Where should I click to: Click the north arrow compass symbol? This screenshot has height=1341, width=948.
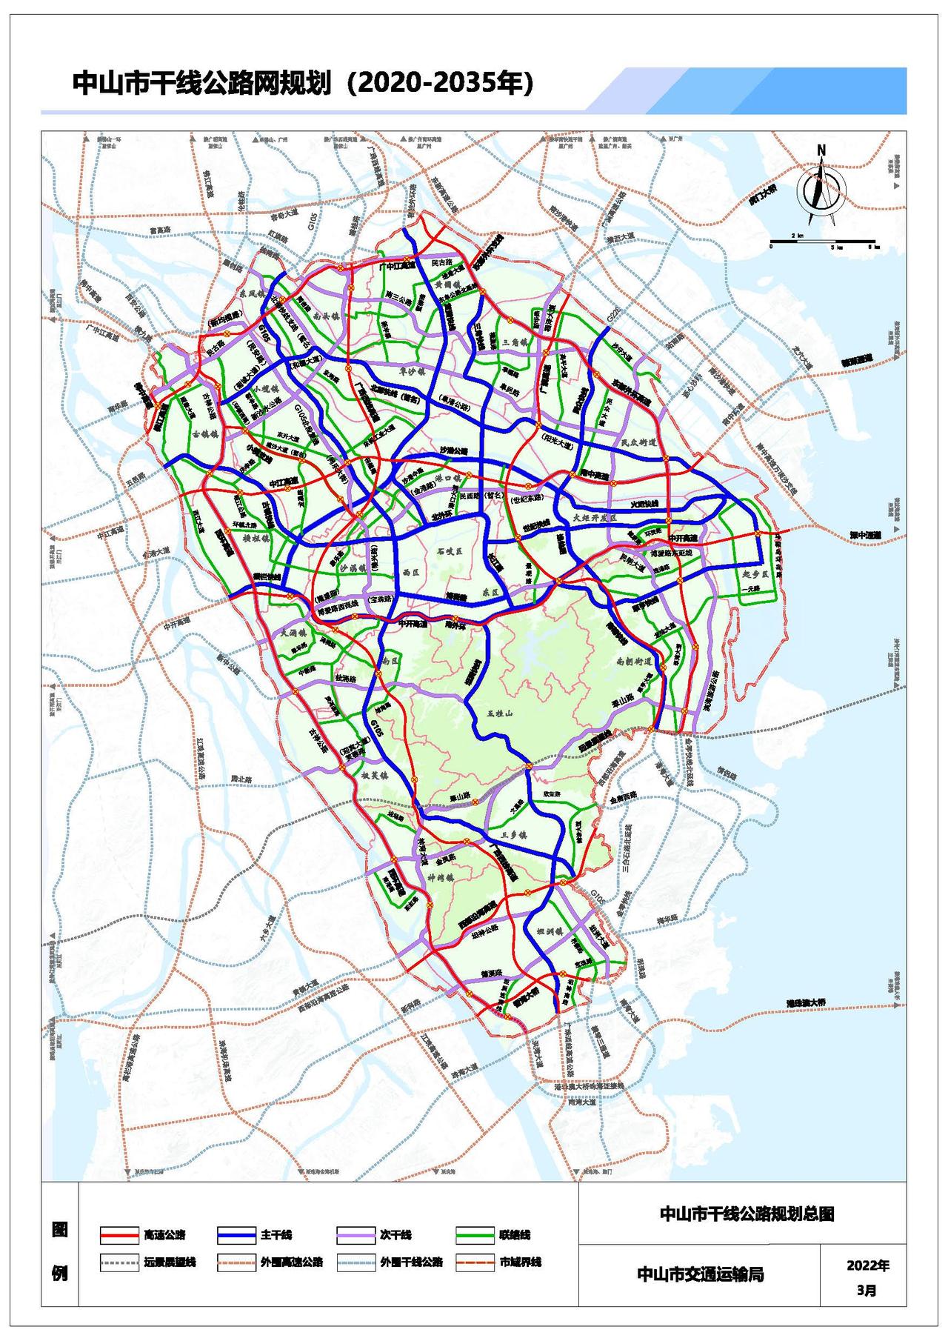pyautogui.click(x=820, y=188)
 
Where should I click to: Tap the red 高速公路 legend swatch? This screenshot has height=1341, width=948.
pyautogui.click(x=119, y=1234)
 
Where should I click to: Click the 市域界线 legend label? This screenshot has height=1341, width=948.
pyautogui.click(x=521, y=1261)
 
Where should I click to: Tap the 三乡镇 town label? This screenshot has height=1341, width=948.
pyautogui.click(x=513, y=834)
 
